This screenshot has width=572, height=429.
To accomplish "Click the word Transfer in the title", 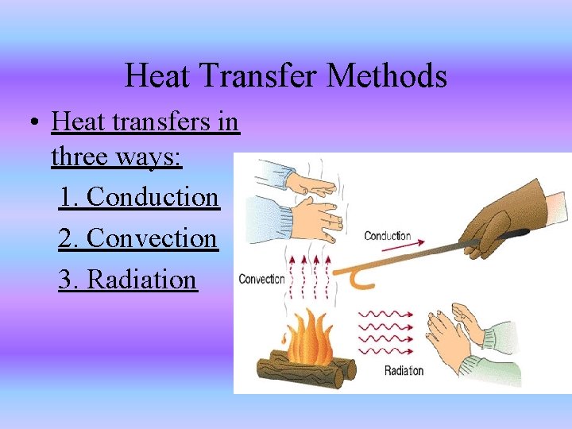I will click(257, 76).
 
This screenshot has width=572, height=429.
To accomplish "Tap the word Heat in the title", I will click(157, 76).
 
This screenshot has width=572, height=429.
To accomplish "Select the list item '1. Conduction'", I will click(138, 196).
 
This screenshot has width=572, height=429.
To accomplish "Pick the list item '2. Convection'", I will click(137, 238).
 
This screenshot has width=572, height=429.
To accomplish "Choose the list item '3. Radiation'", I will click(127, 279).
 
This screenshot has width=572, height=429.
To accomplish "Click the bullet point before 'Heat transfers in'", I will click(33, 124).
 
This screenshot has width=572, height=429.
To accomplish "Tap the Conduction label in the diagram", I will click(387, 236).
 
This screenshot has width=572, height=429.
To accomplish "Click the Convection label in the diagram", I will click(261, 279).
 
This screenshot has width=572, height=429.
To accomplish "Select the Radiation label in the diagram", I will click(404, 370).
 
